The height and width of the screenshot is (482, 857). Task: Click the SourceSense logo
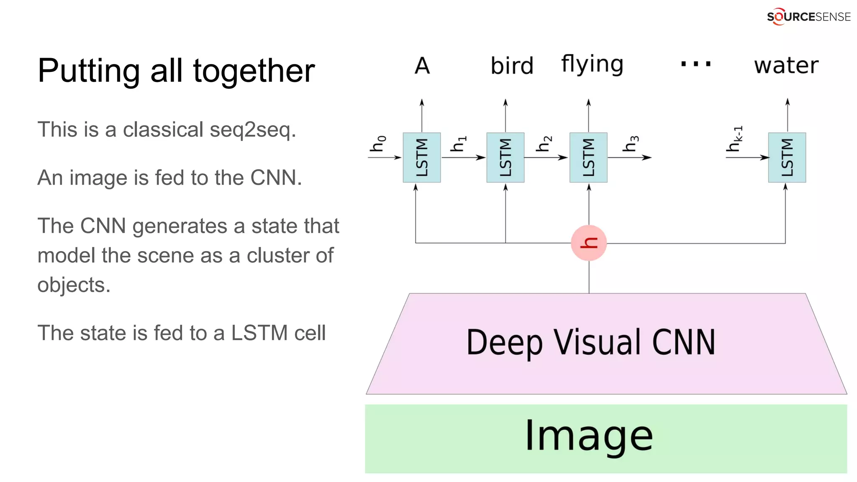[808, 17]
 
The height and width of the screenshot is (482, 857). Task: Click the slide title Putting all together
[176, 71]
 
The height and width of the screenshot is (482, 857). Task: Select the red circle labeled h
[589, 243]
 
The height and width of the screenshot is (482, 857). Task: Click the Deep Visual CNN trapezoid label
[590, 343]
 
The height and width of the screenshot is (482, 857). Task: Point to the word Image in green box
[589, 436]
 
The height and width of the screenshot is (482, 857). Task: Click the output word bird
[512, 66]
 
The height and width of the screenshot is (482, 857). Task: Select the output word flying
[592, 65]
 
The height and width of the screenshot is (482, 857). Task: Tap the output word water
[786, 66]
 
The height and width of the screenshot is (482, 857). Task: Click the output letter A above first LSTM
[422, 66]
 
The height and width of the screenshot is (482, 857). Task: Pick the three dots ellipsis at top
[695, 64]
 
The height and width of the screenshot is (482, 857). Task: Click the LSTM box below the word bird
[505, 157]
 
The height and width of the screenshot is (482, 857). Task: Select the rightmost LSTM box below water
[787, 157]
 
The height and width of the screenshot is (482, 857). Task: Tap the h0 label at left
[378, 143]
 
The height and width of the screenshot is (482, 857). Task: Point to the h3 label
[631, 144]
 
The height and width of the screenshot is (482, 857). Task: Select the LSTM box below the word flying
[588, 157]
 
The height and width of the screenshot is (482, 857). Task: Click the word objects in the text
[74, 286]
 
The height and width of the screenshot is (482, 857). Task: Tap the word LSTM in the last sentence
[259, 333]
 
